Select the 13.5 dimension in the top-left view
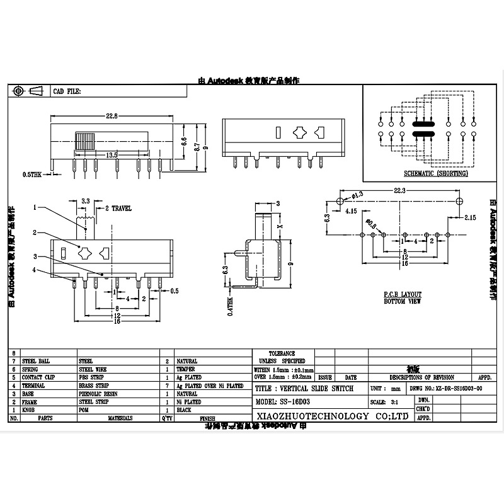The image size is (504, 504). pyautogui.click(x=111, y=155)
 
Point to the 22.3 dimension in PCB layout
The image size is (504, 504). pyautogui.click(x=399, y=190)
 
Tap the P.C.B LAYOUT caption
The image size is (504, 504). pyautogui.click(x=402, y=294)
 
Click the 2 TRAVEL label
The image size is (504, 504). pyautogui.click(x=117, y=207)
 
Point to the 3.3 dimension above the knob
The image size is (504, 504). pyautogui.click(x=84, y=201)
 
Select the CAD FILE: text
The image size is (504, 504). pyautogui.click(x=67, y=91)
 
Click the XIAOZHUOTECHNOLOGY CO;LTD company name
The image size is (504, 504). pyautogui.click(x=331, y=416)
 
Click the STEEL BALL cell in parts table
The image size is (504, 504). pyautogui.click(x=35, y=362)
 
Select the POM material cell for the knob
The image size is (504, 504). pyautogui.click(x=84, y=409)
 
